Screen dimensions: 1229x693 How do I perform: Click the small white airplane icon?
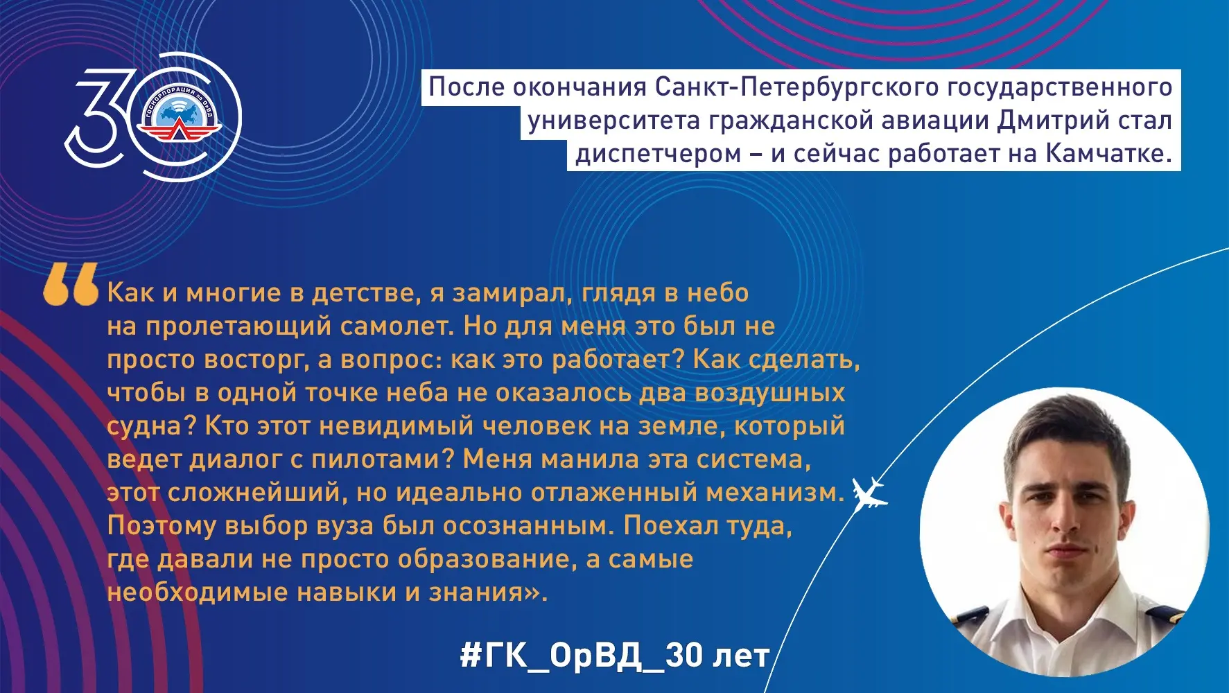[x=869, y=493]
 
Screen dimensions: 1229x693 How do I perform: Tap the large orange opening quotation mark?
[x=71, y=285]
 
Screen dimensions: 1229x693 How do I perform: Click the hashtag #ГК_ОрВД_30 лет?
[x=615, y=655]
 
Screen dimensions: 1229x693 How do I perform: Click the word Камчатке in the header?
[x=1108, y=153]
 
